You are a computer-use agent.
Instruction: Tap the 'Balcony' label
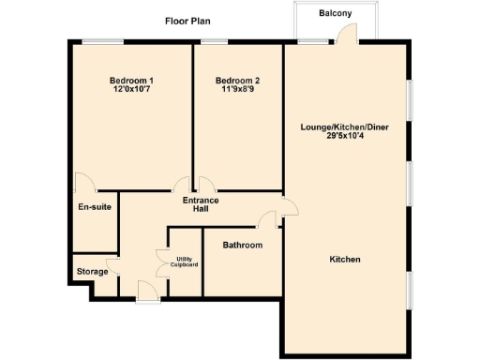(335, 13)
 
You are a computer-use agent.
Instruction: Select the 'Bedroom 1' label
(131, 81)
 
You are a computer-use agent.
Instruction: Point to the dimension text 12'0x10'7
(131, 91)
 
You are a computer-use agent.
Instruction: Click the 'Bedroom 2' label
(237, 81)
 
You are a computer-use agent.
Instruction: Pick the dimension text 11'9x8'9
(237, 91)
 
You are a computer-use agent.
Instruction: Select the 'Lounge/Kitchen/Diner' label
(345, 127)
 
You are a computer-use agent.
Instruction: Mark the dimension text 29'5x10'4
(345, 136)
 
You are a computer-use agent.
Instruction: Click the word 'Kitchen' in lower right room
(345, 260)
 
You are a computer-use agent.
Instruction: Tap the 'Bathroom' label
(242, 246)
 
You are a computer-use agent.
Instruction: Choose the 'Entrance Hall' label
(201, 204)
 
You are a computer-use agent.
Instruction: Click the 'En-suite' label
(95, 206)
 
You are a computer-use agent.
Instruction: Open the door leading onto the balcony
(348, 34)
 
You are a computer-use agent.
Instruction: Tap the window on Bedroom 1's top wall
(102, 40)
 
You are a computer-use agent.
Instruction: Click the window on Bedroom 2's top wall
(216, 40)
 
